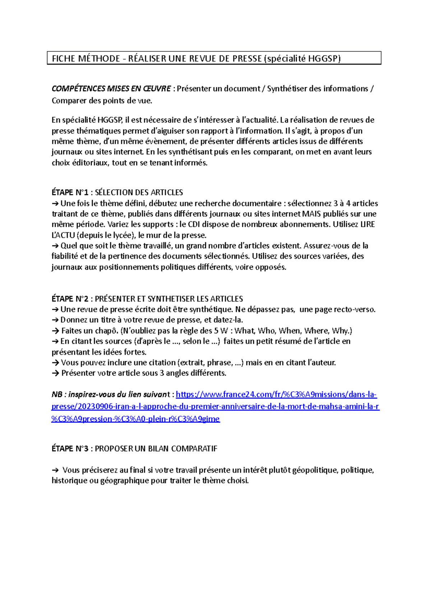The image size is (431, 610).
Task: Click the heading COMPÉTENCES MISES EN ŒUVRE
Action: click(111, 89)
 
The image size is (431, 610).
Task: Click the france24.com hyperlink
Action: click(276, 395)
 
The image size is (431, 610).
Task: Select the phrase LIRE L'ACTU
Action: click(367, 225)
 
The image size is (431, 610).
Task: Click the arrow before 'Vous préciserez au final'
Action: click(55, 470)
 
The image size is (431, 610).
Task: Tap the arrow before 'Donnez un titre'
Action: click(55, 320)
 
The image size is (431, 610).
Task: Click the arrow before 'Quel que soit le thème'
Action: click(55, 246)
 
